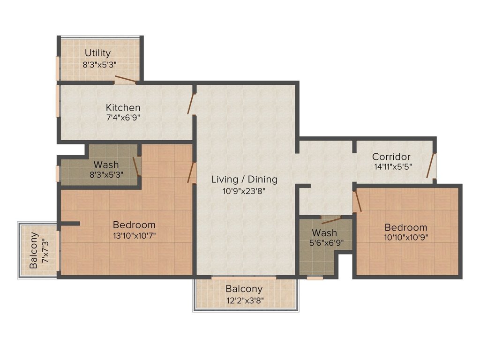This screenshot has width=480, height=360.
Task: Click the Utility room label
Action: click(97, 53)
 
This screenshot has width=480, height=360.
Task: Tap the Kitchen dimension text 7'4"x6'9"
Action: click(123, 118)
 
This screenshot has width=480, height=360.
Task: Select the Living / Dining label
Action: click(244, 180)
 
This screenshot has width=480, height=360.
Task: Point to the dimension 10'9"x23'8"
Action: click(244, 191)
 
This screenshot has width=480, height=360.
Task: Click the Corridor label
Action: click(391, 157)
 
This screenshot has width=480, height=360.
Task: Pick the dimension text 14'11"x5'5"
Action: click(393, 167)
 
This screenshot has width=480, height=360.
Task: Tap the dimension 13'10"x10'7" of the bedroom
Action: click(135, 236)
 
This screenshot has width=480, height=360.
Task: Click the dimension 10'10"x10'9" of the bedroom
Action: click(406, 237)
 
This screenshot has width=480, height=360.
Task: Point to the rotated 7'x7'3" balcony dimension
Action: click(45, 251)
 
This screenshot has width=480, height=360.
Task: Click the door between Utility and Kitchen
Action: click(125, 79)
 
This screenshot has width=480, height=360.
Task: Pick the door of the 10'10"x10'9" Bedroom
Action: click(358, 201)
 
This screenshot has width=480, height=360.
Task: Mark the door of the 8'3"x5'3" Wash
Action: click(136, 167)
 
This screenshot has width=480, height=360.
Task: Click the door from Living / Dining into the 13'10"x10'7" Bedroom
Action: click(192, 172)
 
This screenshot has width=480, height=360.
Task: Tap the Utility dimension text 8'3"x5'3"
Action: click(100, 65)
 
